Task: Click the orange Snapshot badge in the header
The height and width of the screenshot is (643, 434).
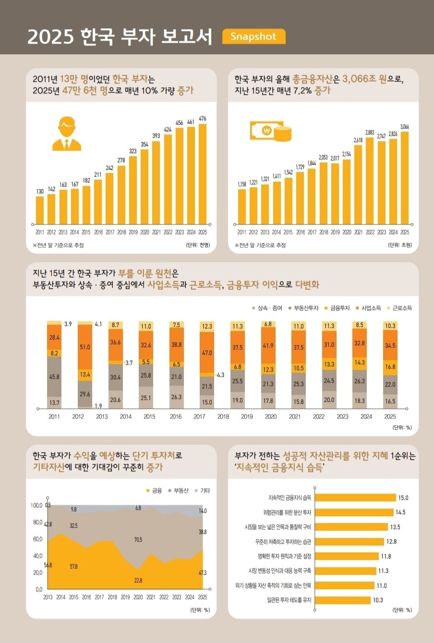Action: (253, 36)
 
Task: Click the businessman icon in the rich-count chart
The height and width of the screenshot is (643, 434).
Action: (66, 133)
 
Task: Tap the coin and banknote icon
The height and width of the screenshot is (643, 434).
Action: (270, 131)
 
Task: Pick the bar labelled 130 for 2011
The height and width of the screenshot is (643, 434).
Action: (40, 210)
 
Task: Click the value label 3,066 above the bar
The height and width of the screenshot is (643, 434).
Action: (405, 126)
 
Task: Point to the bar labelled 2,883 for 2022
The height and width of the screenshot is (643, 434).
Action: (370, 181)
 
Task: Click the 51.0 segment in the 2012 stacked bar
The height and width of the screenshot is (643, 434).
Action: (85, 347)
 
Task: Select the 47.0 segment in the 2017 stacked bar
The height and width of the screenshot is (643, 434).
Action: (207, 352)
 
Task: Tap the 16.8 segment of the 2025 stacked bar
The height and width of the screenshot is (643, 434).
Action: (390, 367)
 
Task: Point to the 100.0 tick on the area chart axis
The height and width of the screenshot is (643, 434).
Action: (36, 505)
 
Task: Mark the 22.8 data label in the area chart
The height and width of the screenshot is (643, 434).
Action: (138, 580)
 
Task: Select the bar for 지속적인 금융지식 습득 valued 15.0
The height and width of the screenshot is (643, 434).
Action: (355, 497)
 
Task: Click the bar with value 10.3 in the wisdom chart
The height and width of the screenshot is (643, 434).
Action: (343, 600)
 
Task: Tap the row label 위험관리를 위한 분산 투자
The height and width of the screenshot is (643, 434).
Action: (287, 512)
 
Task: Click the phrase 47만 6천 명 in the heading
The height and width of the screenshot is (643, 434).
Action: (85, 90)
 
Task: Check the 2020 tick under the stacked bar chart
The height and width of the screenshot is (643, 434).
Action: (270, 416)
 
